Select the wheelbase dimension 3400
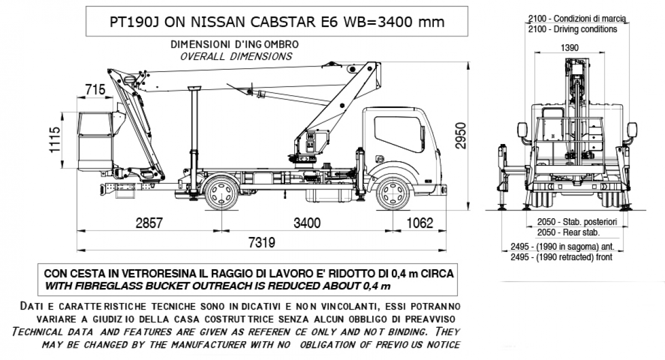(x=307, y=223)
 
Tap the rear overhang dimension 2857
(x=149, y=223)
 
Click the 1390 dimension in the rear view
(x=569, y=48)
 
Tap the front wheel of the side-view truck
(x=393, y=194)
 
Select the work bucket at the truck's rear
(x=96, y=141)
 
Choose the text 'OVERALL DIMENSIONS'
(x=236, y=56)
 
